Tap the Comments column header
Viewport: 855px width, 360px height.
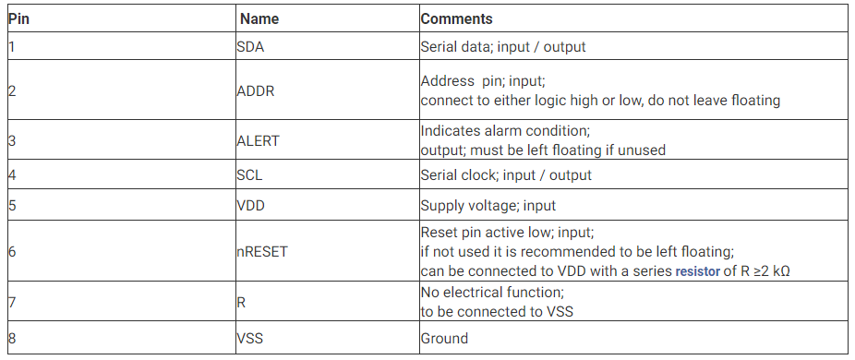456,18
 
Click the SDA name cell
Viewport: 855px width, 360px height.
251,46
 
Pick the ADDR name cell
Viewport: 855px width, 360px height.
256,90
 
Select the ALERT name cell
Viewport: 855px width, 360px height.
258,140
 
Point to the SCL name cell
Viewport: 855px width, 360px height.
250,174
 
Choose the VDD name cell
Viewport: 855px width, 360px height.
250,205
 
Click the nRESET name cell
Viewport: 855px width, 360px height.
262,251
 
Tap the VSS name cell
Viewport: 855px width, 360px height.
249,338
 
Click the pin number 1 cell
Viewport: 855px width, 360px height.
12,46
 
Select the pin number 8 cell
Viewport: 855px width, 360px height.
12,338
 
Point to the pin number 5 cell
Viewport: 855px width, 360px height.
12,205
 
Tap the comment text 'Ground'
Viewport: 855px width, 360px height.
444,338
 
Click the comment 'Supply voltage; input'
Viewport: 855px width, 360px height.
488,205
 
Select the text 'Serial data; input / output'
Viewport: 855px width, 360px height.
502,46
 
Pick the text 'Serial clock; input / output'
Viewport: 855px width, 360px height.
506,174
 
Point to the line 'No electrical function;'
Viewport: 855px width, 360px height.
493,294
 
